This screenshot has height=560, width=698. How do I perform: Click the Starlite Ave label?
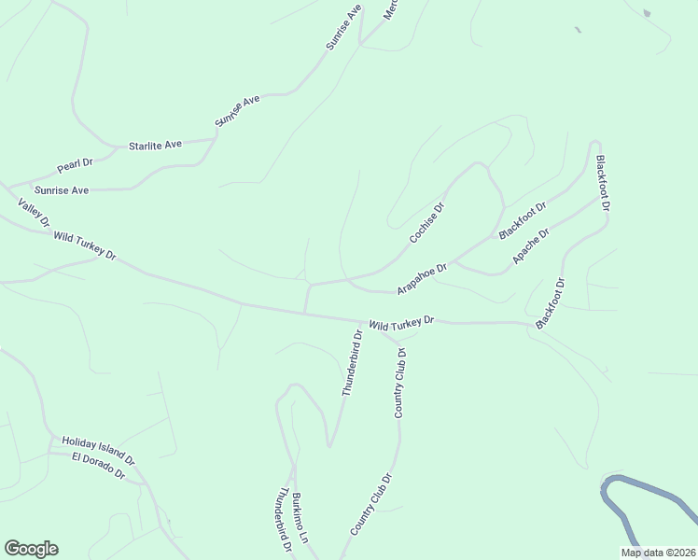click(155, 146)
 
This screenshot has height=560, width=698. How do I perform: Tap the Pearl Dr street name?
click(75, 165)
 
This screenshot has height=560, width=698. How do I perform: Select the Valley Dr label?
click(33, 213)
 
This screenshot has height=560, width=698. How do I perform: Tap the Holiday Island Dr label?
click(98, 451)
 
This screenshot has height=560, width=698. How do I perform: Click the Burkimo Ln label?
click(298, 519)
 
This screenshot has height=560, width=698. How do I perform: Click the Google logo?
click(31, 549)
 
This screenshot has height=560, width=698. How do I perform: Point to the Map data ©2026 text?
click(658, 553)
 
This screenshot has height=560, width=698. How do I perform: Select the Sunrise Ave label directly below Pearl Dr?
click(62, 190)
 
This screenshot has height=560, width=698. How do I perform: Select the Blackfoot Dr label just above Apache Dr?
click(522, 219)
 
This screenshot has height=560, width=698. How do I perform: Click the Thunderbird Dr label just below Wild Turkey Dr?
click(351, 362)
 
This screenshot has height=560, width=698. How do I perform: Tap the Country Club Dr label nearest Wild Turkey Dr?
click(400, 383)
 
